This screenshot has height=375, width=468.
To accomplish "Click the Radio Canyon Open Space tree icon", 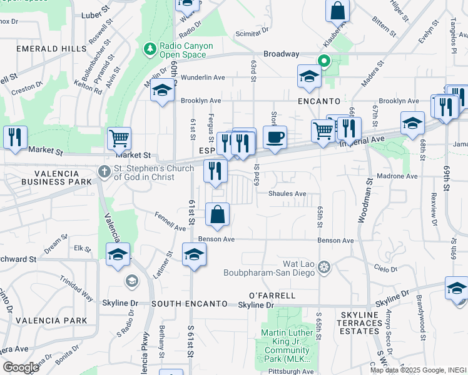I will (x=150, y=48).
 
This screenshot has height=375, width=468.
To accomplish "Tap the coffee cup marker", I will (x=275, y=137).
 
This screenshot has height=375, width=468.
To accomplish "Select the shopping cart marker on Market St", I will (x=119, y=137).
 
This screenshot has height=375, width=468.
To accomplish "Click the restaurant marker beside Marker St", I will (x=15, y=137).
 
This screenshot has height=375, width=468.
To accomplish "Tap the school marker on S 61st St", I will (x=194, y=254).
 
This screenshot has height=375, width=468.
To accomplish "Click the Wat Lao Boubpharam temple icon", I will (x=323, y=267).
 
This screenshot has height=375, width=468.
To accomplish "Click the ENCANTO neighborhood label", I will (x=319, y=101).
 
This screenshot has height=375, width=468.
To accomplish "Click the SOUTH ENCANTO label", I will (x=189, y=304).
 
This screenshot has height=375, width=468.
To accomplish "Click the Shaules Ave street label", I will (x=287, y=194).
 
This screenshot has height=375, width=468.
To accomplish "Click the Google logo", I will (x=21, y=367).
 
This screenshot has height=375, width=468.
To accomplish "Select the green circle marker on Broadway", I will (x=324, y=61).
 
